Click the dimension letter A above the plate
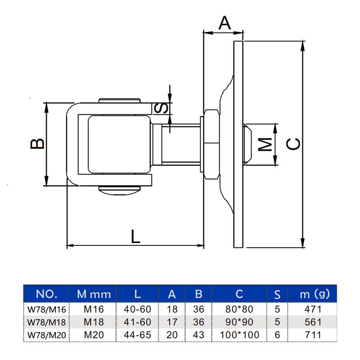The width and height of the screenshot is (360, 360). coord(225,22)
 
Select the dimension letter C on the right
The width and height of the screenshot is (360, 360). coord(293,143)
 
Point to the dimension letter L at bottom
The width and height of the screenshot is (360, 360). coord(135,236)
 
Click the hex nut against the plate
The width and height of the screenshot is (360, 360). coord(210,144)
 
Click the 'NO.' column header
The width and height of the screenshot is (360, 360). coord(46,294)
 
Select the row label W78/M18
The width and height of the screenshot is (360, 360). coord(46,322)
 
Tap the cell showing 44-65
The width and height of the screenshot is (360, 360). coord(138,335)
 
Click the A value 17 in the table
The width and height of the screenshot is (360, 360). coord(172,322)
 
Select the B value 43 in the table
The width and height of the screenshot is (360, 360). coord(198,335)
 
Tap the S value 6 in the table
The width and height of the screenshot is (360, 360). coord(277,335)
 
